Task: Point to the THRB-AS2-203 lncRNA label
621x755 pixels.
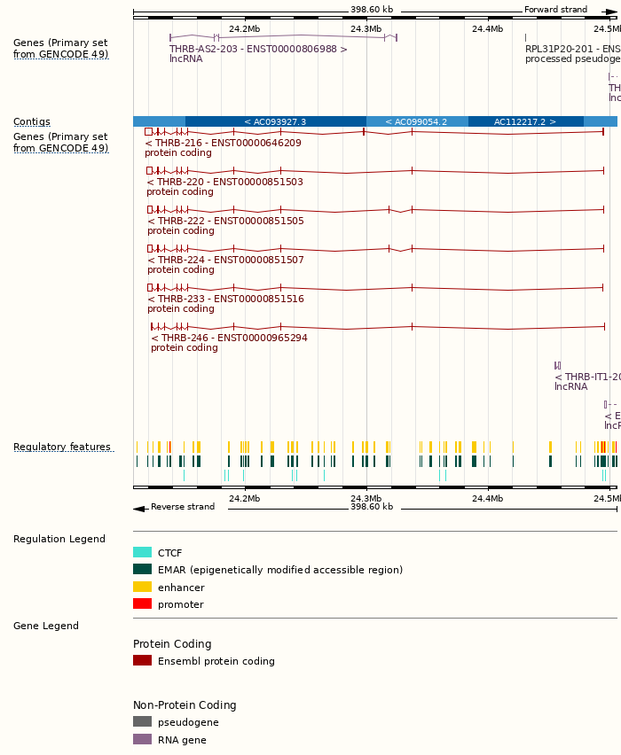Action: tap(258, 50)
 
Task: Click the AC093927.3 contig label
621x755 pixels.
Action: tap(275, 121)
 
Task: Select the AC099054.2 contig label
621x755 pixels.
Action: tap(416, 121)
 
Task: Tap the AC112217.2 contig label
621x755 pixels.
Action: tap(525, 121)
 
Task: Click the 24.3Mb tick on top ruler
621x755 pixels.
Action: tap(366, 28)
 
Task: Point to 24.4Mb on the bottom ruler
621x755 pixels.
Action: tap(487, 498)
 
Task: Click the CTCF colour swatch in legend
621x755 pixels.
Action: tap(142, 552)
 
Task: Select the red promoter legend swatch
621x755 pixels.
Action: tap(142, 603)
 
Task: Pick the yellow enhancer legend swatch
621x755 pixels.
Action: tap(142, 587)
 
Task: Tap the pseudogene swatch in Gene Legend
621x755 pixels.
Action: tap(142, 721)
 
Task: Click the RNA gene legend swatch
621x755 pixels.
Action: tap(142, 739)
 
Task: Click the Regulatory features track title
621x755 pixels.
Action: tap(62, 447)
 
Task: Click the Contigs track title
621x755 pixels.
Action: tap(32, 121)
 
